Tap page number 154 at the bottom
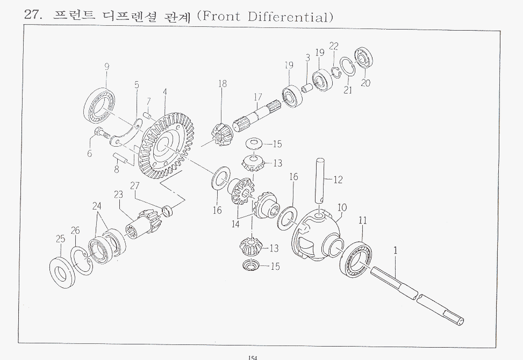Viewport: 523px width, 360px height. point(253,358)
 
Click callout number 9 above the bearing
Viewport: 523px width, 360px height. point(107,67)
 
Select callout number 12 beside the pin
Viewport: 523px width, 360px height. point(338,180)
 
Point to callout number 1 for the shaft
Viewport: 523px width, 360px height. point(396,250)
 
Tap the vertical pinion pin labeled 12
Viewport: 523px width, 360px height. point(320,180)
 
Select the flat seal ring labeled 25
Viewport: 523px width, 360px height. point(62,272)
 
